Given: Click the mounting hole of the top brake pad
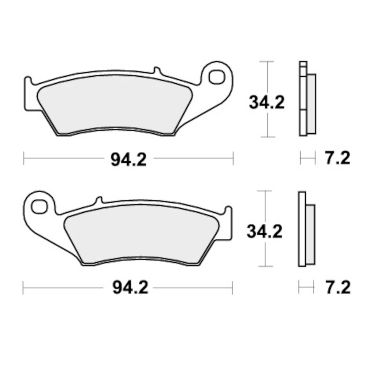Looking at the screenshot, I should point(216,76).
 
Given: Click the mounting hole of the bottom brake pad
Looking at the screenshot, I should point(39,206).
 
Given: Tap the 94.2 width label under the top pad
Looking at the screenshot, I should point(128,159).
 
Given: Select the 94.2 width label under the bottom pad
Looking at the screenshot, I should point(130,288).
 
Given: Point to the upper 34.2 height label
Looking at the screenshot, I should point(267,103).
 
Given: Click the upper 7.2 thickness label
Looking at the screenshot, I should point(337,158).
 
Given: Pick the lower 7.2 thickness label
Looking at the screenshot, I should point(337,288).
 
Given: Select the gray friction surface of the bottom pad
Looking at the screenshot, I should point(139,236).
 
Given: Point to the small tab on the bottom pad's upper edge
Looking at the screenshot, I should point(98,200).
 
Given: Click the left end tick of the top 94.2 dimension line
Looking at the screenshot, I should point(24,158).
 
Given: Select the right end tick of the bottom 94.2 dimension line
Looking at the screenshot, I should point(232,288).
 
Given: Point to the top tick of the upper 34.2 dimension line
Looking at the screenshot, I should point(267,61).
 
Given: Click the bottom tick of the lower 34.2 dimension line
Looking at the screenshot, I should point(265,266).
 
